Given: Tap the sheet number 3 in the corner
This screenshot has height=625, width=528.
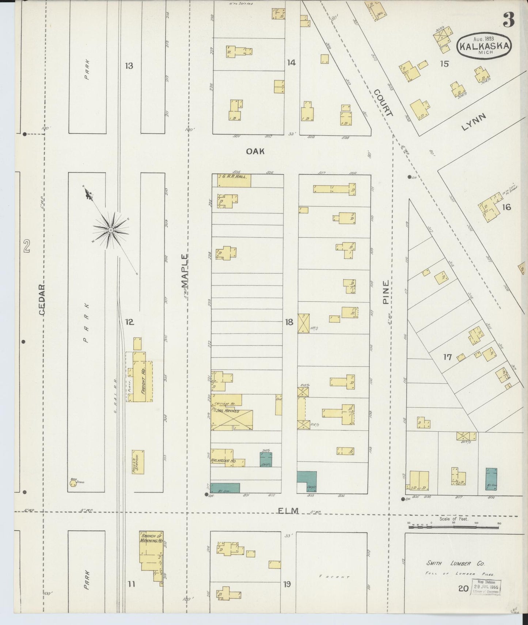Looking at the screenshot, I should [508, 20].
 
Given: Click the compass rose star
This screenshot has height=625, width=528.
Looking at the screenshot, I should [110, 230].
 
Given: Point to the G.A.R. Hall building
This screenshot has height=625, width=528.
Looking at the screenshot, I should [234, 181].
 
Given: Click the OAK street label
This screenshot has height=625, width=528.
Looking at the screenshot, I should [255, 151].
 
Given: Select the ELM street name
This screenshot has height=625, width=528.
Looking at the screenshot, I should [288, 511].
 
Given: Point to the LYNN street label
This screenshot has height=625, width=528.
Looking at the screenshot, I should [474, 122].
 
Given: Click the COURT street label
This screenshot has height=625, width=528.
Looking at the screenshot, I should [383, 103].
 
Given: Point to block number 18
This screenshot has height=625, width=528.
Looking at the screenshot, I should [289, 322].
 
